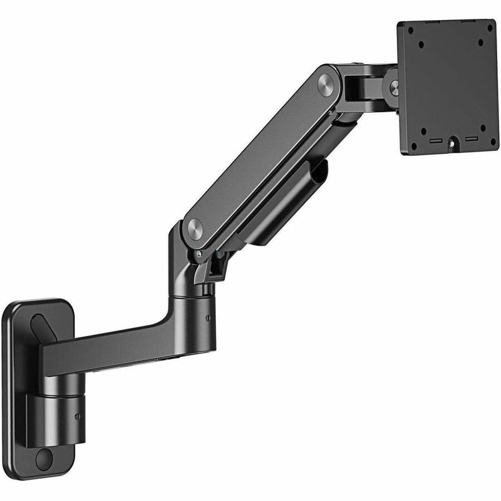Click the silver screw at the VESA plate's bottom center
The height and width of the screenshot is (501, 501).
coord(452,142)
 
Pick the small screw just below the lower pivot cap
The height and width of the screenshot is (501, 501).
coord(199,254)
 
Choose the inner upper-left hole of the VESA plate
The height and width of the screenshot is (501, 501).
coord(421,45)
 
